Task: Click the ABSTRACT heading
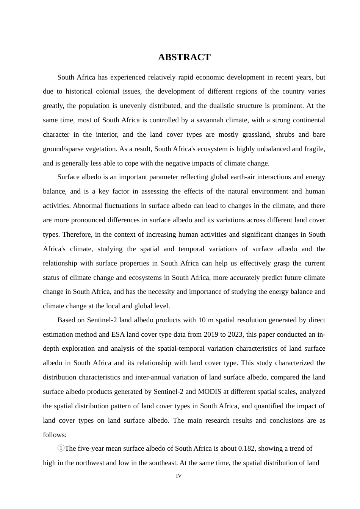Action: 184,57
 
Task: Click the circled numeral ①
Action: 61,448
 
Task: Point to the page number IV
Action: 179,476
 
